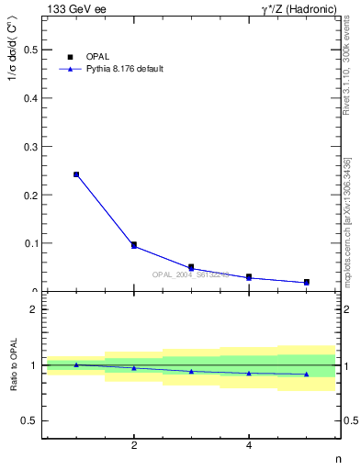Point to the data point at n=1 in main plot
pos(76,174)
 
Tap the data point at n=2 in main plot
pos(134,245)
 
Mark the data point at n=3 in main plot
pos(191,267)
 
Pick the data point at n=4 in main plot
pos(249,277)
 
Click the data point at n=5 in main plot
pos(306,282)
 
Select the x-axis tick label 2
pos(134,446)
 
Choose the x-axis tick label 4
pos(249,446)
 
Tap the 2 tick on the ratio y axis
pos(33,309)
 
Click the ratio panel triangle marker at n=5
pos(306,374)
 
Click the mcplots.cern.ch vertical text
pos(347,220)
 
